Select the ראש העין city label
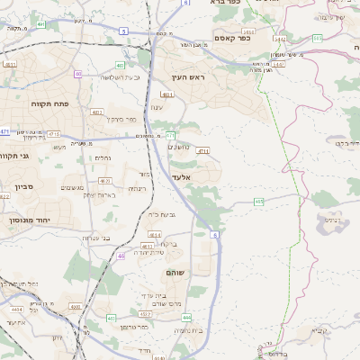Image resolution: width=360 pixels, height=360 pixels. coord(190,78)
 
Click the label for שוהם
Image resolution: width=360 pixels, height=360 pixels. coord(175,272)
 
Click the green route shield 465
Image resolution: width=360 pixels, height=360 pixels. coord(258,202)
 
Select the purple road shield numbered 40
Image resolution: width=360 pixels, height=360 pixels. coord(78,73)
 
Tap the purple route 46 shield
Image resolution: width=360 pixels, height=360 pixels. coord(121,256)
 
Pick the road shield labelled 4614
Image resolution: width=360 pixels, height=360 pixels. coord(156,235)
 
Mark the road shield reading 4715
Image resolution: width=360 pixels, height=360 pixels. coord(203,151)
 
